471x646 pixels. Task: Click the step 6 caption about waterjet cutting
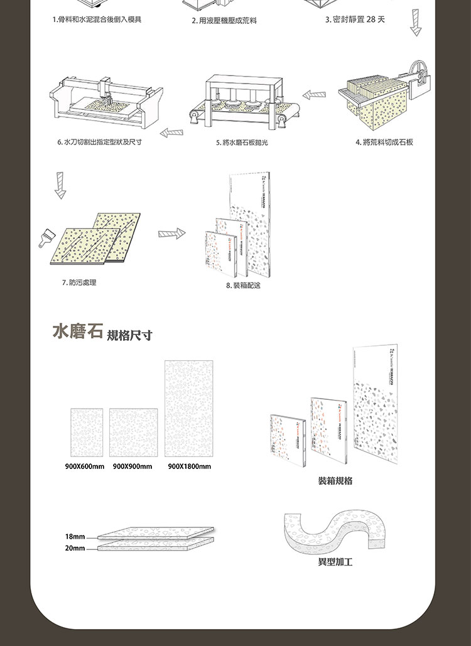point(100,143)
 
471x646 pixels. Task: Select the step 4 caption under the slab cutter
point(384,143)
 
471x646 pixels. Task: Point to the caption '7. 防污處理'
point(79,283)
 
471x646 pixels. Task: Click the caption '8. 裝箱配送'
point(242,286)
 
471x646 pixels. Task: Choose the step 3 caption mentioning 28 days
point(355,20)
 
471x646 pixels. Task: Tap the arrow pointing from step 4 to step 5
point(314,95)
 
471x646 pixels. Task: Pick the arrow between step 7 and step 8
point(171,234)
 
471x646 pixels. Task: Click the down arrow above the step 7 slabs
point(60,185)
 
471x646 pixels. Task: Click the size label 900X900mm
point(133,466)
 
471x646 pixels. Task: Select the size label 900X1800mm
point(190,466)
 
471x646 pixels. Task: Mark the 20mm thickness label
point(75,548)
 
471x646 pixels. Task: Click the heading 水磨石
point(77,331)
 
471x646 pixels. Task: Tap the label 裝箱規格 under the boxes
point(335,481)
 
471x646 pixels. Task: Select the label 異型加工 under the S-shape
point(335,562)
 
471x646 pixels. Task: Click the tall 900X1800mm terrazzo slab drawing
point(189,408)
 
